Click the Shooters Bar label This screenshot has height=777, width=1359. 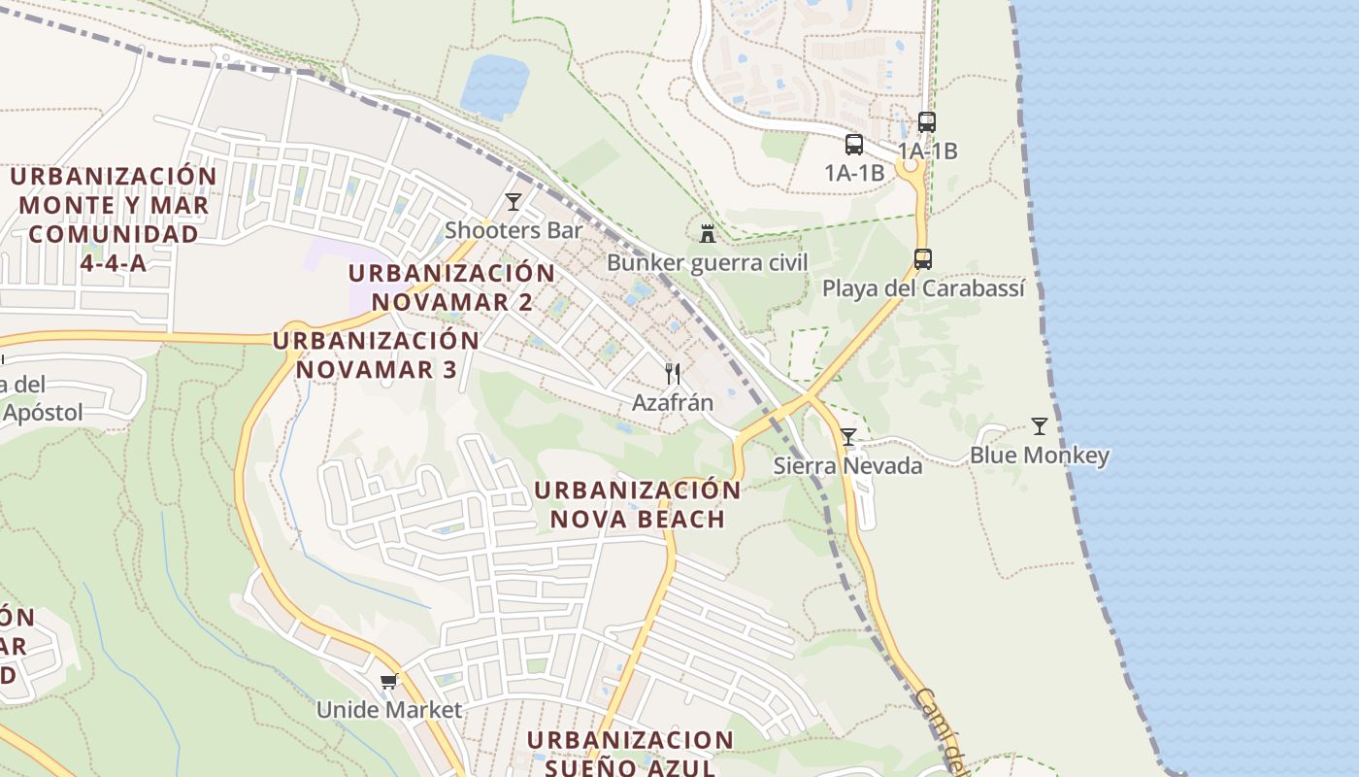(x=514, y=230)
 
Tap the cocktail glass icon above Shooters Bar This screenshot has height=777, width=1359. (x=514, y=202)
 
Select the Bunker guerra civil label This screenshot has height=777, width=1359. (x=707, y=262)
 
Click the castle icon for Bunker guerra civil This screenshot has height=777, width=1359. (x=708, y=233)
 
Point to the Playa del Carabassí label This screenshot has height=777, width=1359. (x=923, y=288)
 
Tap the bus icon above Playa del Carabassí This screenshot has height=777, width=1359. (x=923, y=259)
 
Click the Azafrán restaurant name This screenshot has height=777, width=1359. (x=673, y=402)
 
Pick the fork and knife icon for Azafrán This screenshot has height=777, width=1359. (x=672, y=373)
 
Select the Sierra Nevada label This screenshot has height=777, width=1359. (x=847, y=465)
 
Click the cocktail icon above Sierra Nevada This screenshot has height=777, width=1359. (x=848, y=437)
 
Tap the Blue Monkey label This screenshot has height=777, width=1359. (x=1040, y=456)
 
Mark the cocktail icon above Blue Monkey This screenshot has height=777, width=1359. (x=1040, y=426)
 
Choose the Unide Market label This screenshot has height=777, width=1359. (x=389, y=710)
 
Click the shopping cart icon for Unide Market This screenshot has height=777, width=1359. (x=389, y=681)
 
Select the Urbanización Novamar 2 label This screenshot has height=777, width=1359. (x=452, y=287)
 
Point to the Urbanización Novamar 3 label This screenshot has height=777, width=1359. (x=377, y=355)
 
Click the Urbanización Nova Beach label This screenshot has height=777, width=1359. (x=638, y=504)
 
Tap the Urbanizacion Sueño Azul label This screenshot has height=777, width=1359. (x=631, y=754)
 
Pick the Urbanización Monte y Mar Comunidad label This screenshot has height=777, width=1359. (x=114, y=220)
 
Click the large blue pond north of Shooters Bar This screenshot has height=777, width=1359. (x=494, y=85)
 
